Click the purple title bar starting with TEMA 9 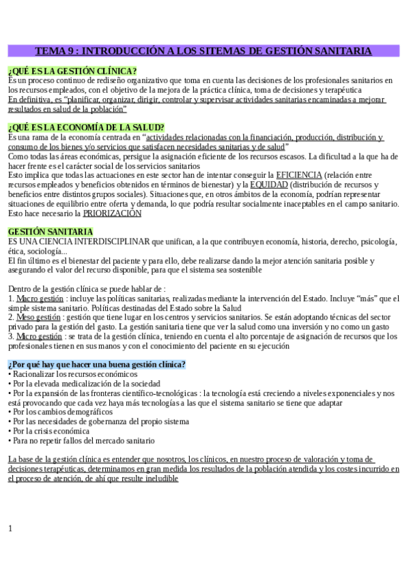[x=203, y=51]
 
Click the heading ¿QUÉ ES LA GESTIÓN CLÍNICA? [x=72, y=71]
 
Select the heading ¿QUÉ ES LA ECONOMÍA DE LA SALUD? [x=86, y=127]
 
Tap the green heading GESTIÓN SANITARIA [x=51, y=232]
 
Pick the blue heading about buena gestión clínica [x=96, y=365]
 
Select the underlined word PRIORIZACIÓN [x=112, y=213]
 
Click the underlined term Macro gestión [x=39, y=299]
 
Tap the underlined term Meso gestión [x=38, y=318]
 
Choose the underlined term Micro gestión [x=39, y=337]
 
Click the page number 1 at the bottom [x=10, y=528]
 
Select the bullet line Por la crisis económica [x=51, y=431]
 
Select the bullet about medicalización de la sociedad [x=86, y=384]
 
